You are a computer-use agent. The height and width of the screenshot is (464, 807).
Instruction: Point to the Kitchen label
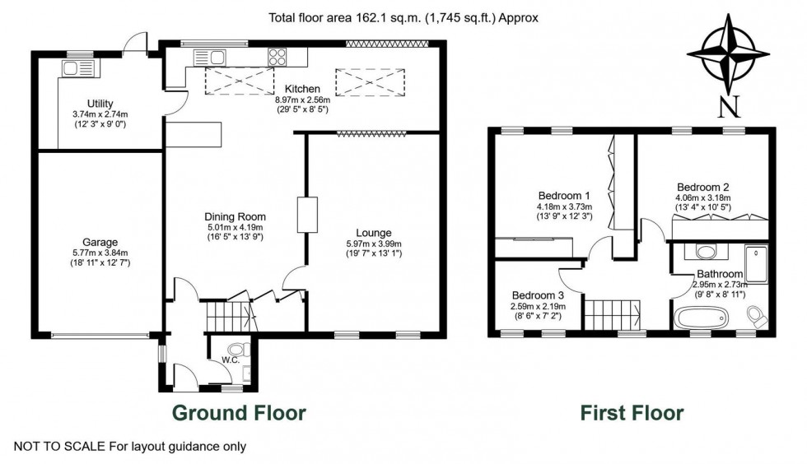301,89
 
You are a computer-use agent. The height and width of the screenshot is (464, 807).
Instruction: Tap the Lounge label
373,232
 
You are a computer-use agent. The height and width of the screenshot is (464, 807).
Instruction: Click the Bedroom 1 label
564,194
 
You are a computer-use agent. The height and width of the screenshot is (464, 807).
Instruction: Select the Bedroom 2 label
704,186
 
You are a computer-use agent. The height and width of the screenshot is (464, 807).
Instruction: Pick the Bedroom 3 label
538,295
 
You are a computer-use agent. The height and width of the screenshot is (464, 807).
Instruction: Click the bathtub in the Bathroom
701,317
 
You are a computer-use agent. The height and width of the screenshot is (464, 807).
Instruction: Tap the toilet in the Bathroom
755,315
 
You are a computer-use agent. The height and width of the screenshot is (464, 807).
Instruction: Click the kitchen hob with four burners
278,56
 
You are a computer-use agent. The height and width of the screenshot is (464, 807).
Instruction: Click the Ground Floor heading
238,412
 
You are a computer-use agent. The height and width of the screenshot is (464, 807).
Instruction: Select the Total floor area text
403,16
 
